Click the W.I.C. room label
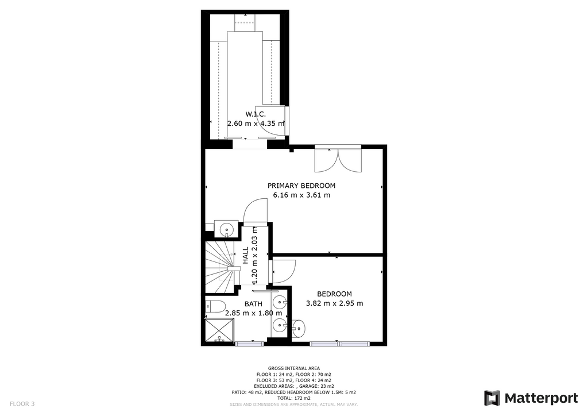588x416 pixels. (256, 114)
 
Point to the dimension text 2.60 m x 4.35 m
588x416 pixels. (256, 124)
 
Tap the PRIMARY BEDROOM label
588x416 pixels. (301, 186)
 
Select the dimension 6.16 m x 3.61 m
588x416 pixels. (301, 195)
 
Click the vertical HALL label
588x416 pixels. (246, 256)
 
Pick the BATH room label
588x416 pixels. (253, 304)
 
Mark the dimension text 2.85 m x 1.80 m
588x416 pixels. (253, 313)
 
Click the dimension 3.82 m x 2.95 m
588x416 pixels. (335, 303)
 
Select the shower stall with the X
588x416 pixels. (219, 330)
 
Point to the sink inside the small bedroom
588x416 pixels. (299, 329)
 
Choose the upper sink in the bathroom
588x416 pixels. (280, 301)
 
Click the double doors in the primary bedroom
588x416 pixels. (338, 160)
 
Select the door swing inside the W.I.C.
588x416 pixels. (273, 121)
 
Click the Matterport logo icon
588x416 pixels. (492, 398)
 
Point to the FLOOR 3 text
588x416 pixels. (22, 404)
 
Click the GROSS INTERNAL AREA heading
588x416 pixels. (294, 368)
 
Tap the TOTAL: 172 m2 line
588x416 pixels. (294, 398)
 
